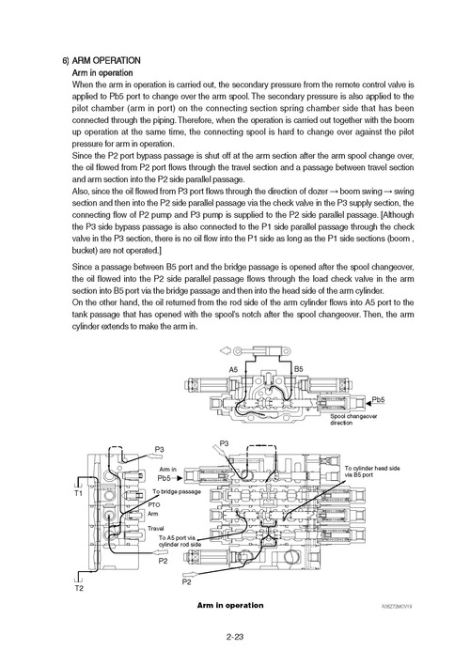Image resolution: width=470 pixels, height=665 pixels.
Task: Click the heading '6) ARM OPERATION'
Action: point(100,60)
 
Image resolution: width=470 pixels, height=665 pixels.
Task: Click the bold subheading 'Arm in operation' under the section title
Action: point(102,72)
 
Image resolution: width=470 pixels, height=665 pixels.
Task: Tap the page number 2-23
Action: point(236,638)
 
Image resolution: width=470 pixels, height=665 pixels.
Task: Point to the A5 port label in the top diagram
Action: point(234,370)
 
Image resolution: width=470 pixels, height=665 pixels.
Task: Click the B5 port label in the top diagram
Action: point(298,370)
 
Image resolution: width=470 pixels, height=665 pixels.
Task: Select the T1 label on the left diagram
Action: point(78,492)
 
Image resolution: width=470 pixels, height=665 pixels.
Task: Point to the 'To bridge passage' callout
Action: point(177,492)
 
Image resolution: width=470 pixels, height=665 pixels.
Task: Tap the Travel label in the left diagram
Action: point(156,528)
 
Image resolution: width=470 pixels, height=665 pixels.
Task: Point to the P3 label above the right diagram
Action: point(223,442)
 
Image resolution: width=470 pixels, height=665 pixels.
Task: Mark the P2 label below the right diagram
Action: point(185,581)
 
